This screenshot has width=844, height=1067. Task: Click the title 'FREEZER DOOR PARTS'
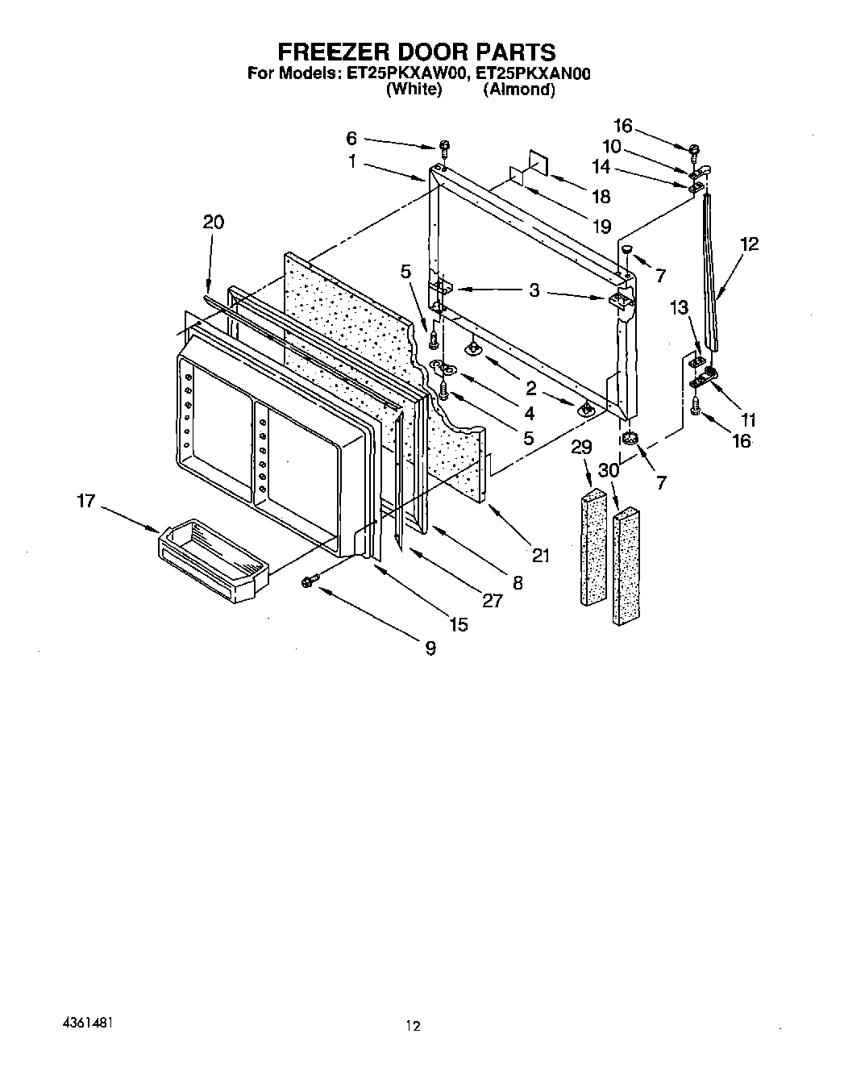pyautogui.click(x=416, y=52)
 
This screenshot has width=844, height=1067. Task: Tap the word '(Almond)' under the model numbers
pyautogui.click(x=518, y=90)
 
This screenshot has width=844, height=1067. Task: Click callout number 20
pyautogui.click(x=213, y=223)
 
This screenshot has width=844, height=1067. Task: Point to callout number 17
pyautogui.click(x=86, y=502)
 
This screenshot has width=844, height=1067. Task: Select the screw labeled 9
pyautogui.click(x=309, y=581)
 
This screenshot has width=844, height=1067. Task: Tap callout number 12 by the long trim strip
pyautogui.click(x=749, y=244)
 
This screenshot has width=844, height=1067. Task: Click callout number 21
pyautogui.click(x=540, y=555)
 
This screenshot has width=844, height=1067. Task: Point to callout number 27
pyautogui.click(x=492, y=600)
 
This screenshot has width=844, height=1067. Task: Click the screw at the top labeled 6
pyautogui.click(x=444, y=147)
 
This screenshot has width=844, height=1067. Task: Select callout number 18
pyautogui.click(x=601, y=197)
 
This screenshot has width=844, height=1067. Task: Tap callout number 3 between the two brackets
pyautogui.click(x=534, y=290)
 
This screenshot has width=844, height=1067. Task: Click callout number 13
pyautogui.click(x=680, y=308)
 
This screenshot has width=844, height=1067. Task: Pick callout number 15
pyautogui.click(x=458, y=624)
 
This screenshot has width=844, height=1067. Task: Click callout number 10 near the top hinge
pyautogui.click(x=612, y=146)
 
